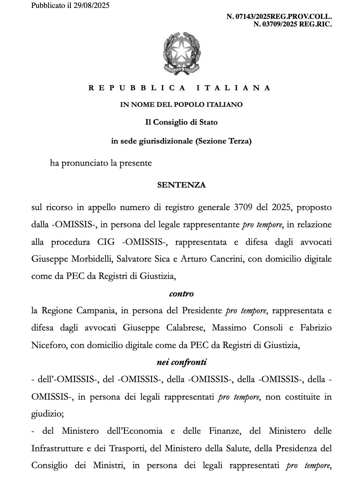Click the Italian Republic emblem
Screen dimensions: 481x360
(x=182, y=53)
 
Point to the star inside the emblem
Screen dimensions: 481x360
(x=181, y=52)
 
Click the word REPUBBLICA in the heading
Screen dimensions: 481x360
(x=137, y=88)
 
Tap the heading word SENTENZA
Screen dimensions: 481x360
(x=181, y=185)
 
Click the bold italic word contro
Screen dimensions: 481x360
(x=181, y=293)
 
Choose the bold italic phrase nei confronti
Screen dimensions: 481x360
(x=181, y=362)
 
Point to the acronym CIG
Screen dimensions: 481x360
(x=106, y=242)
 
